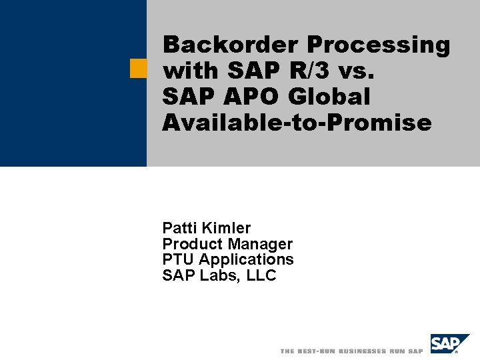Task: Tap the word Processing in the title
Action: point(378,45)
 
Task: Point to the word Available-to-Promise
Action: point(297,122)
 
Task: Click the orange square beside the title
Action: point(138,69)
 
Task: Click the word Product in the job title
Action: point(190,244)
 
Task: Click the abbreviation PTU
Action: point(177,259)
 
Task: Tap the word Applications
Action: point(246,259)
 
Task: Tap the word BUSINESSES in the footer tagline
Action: point(362,351)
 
